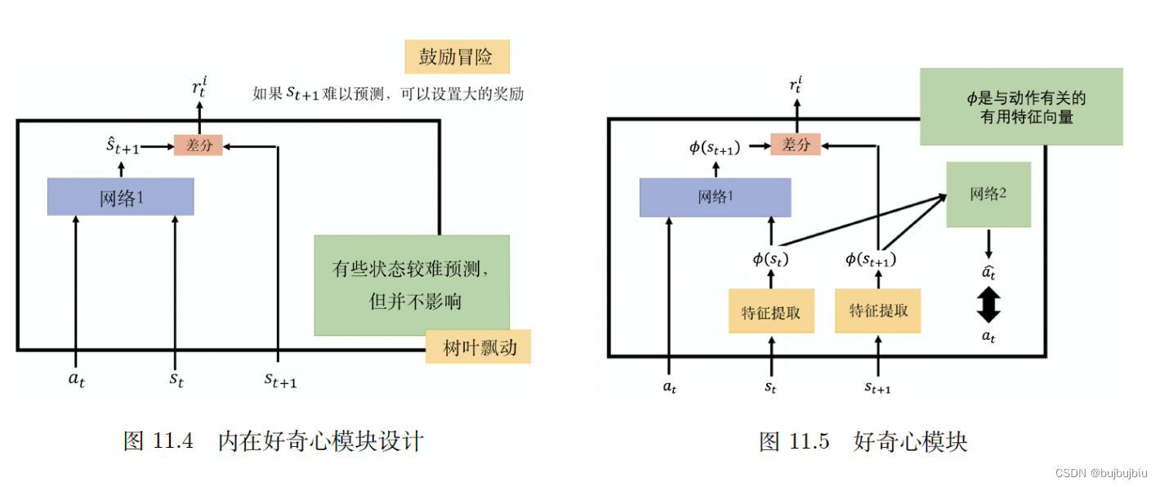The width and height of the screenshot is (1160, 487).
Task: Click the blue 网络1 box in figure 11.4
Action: coord(121,197)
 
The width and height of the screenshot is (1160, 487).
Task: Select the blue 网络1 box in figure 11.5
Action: coord(715,197)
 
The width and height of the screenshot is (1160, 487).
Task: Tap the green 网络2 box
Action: coord(988,194)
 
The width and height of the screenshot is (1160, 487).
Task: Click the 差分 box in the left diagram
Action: coord(198,145)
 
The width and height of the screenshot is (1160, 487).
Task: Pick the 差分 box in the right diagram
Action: coord(796,145)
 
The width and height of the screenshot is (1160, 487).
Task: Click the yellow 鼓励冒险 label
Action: coord(457,56)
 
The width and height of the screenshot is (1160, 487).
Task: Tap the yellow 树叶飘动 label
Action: coord(477,347)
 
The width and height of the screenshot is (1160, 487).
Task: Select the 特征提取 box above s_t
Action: coord(771,311)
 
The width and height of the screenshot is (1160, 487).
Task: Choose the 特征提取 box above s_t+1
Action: coord(878,311)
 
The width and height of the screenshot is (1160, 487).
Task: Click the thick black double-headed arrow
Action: coord(988,304)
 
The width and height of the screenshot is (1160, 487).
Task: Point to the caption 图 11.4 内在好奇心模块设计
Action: coord(273,441)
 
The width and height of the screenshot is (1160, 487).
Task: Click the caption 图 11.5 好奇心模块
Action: coord(863,442)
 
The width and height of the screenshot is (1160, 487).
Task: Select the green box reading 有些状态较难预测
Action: coord(412,284)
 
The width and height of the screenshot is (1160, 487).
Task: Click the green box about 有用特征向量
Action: coord(1021,107)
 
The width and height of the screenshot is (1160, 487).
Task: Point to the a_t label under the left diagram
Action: coord(76,379)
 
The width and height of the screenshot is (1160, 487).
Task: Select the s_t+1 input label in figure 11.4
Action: coord(279,380)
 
